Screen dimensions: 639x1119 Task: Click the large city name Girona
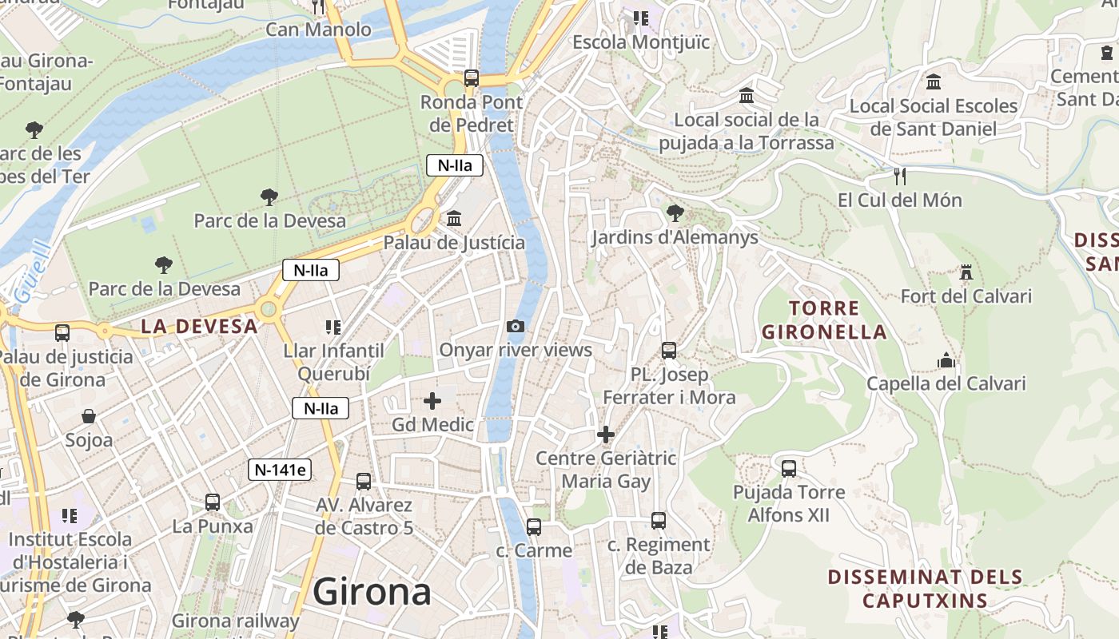click(x=372, y=592)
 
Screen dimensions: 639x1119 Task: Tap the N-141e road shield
click(x=279, y=470)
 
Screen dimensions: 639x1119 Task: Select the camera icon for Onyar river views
click(x=516, y=326)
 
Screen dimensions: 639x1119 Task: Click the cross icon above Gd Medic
click(x=432, y=401)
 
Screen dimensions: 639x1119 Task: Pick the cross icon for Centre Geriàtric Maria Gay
click(x=606, y=435)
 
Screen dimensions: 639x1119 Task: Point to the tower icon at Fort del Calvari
click(x=966, y=272)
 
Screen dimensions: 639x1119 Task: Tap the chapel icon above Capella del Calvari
click(x=946, y=360)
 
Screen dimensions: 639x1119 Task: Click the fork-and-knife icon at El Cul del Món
click(x=900, y=176)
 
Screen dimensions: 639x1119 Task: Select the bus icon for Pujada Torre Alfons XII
click(x=789, y=468)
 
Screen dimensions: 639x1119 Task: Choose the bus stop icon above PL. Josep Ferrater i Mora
click(x=669, y=350)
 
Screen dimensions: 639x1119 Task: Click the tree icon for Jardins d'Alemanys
click(x=675, y=213)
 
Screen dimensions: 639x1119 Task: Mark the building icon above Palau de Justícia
click(x=454, y=218)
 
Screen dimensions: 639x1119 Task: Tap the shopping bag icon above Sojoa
click(x=89, y=416)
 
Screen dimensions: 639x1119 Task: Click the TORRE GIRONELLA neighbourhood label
click(x=824, y=319)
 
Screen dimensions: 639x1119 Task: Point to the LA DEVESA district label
click(x=199, y=326)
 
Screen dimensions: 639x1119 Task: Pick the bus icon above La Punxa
click(x=212, y=502)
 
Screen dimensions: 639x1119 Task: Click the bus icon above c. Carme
click(x=534, y=527)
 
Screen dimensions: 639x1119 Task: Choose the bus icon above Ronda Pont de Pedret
click(x=472, y=78)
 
